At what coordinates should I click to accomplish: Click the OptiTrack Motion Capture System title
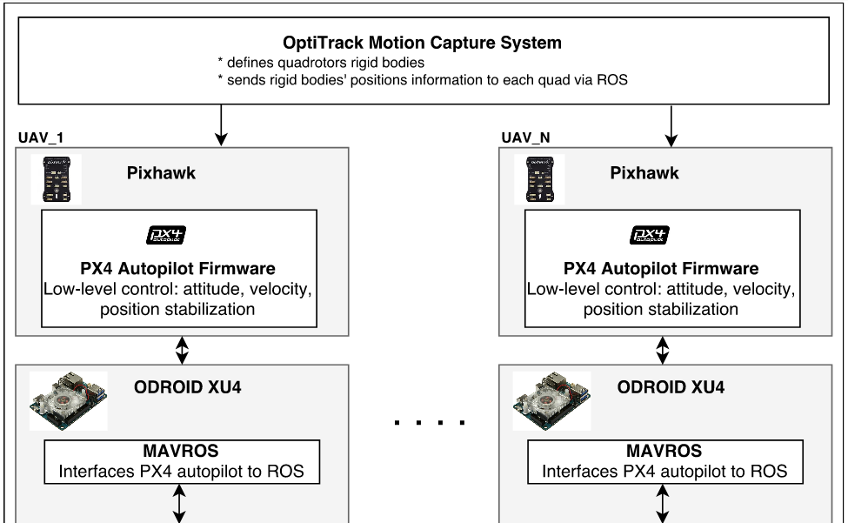[422, 42]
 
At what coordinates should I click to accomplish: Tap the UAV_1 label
[40, 137]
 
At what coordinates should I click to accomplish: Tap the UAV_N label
[526, 137]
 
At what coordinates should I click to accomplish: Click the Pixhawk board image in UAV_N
[539, 179]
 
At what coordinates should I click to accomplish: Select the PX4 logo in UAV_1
[165, 235]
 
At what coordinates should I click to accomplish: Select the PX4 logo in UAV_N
[649, 235]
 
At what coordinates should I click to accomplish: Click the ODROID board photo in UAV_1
[69, 401]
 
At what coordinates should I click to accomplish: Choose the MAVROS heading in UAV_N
[664, 453]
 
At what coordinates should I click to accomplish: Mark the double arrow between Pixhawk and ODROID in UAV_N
[663, 351]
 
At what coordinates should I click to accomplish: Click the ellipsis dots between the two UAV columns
[430, 424]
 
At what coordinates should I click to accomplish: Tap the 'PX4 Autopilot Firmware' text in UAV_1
[178, 268]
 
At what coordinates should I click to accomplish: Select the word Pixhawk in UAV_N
[644, 172]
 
